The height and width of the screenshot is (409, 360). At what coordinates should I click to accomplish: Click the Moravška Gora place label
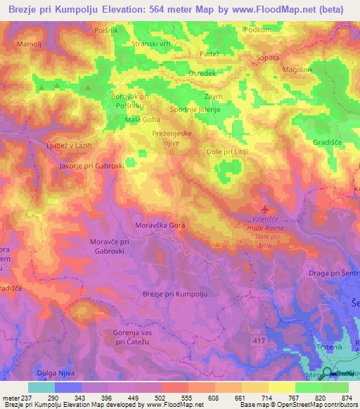[160, 226]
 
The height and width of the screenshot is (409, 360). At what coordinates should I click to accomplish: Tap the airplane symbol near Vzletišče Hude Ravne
[264, 209]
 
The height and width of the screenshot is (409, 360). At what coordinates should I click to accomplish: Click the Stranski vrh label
[152, 44]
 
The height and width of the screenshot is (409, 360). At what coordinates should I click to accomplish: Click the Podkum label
[257, 30]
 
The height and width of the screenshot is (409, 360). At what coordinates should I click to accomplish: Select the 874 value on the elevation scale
[345, 398]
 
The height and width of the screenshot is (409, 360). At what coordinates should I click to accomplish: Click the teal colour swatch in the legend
[41, 387]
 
